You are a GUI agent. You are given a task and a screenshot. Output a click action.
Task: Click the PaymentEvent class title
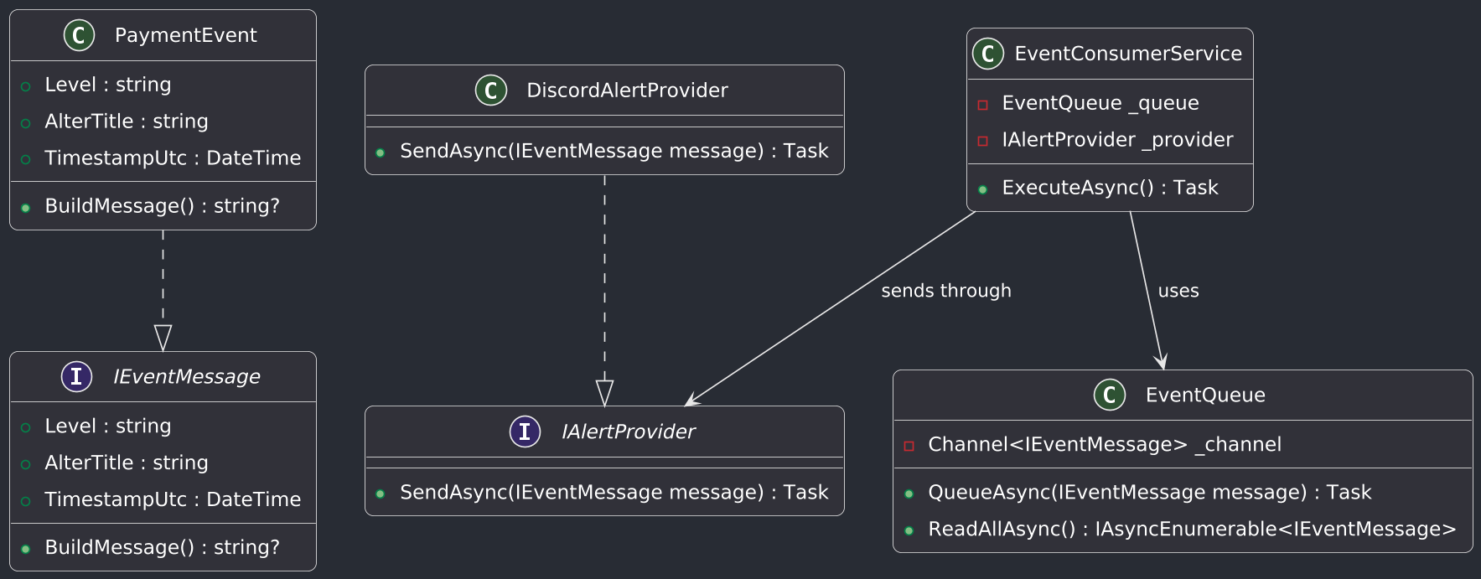[x=185, y=35]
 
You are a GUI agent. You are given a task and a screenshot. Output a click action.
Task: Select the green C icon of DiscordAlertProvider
[x=491, y=90]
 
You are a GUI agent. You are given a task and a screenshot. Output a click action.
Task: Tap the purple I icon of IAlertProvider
[x=525, y=432]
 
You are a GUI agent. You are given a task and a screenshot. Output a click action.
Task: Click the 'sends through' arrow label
[x=945, y=291]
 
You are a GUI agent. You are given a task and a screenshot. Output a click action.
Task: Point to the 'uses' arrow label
[x=1178, y=291]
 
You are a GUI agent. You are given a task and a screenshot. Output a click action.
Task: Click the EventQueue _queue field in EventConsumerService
[x=1100, y=103]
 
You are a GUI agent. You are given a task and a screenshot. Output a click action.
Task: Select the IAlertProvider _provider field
[x=1116, y=140]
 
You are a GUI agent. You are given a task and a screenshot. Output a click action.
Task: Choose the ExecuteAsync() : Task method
[x=1109, y=188]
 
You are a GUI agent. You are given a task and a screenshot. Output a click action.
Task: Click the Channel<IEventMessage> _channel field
[x=1104, y=444]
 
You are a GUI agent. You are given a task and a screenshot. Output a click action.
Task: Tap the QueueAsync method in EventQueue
[x=1148, y=492]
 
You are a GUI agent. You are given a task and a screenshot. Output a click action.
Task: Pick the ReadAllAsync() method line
[x=1191, y=529]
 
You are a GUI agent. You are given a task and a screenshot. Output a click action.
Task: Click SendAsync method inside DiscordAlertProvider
[x=614, y=151]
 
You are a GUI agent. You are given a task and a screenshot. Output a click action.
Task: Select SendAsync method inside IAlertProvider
[x=614, y=492]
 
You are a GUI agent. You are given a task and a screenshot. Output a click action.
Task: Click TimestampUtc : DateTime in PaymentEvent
[x=172, y=158]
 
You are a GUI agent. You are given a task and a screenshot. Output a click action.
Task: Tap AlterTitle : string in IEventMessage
[x=126, y=463]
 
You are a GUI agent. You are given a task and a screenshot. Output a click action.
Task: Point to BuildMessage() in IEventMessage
[x=162, y=547]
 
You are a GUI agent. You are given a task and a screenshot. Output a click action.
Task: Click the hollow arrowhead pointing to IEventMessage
[x=163, y=339]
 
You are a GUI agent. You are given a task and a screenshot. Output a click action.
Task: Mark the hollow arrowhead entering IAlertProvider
[x=604, y=394]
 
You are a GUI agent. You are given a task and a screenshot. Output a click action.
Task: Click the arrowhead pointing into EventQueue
[x=1162, y=361]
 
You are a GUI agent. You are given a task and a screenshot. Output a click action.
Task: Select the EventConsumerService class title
[x=1127, y=54]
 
